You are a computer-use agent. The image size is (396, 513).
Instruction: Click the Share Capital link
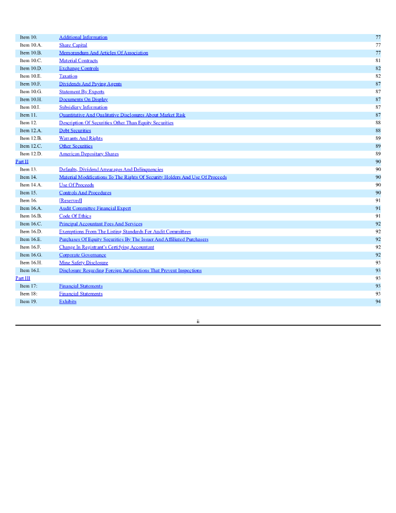[x=73, y=45]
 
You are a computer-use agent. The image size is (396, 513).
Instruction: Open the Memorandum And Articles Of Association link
[x=104, y=53]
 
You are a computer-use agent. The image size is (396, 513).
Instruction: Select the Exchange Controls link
[x=79, y=68]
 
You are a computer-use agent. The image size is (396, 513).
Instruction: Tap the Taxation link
[x=68, y=76]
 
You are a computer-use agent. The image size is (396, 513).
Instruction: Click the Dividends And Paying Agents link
[x=90, y=84]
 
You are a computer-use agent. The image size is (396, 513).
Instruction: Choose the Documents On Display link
[x=83, y=99]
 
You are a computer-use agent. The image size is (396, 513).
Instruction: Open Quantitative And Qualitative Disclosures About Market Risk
[x=122, y=115]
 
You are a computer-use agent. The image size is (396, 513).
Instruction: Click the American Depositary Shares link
[x=89, y=154]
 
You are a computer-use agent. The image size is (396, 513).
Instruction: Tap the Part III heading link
[x=23, y=278]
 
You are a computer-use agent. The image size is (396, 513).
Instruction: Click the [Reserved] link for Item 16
[x=71, y=200]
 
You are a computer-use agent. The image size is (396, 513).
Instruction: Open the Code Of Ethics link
[x=75, y=216]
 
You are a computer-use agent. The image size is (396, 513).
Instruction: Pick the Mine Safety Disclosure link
[x=84, y=263]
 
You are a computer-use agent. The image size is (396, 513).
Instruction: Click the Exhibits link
[x=68, y=302]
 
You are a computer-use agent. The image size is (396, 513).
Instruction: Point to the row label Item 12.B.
[x=31, y=138]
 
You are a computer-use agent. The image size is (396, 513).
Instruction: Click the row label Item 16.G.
[x=31, y=255]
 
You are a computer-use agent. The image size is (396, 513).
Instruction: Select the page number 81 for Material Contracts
[x=378, y=61]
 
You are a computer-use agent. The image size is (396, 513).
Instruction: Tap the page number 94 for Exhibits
[x=378, y=302]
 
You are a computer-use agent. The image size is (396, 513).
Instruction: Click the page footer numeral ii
[x=198, y=321]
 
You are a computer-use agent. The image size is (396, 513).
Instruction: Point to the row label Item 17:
[x=29, y=286]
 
